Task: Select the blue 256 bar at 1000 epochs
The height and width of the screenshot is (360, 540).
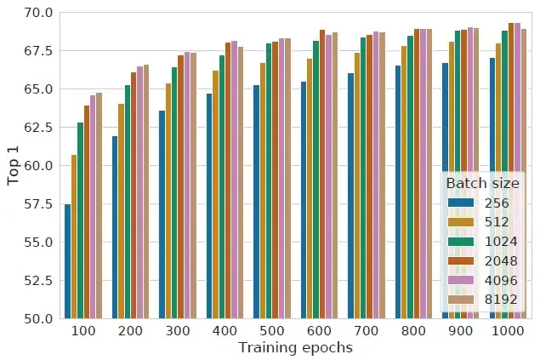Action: [x=492, y=188]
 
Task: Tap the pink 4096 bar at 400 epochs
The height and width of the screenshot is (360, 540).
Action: [x=234, y=180]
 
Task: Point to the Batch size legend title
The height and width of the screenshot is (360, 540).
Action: [x=482, y=183]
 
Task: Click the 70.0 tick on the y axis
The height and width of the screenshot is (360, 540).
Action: [x=39, y=13]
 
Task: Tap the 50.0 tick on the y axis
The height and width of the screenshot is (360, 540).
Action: [x=39, y=319]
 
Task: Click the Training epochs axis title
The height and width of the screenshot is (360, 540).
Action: [x=295, y=347]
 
